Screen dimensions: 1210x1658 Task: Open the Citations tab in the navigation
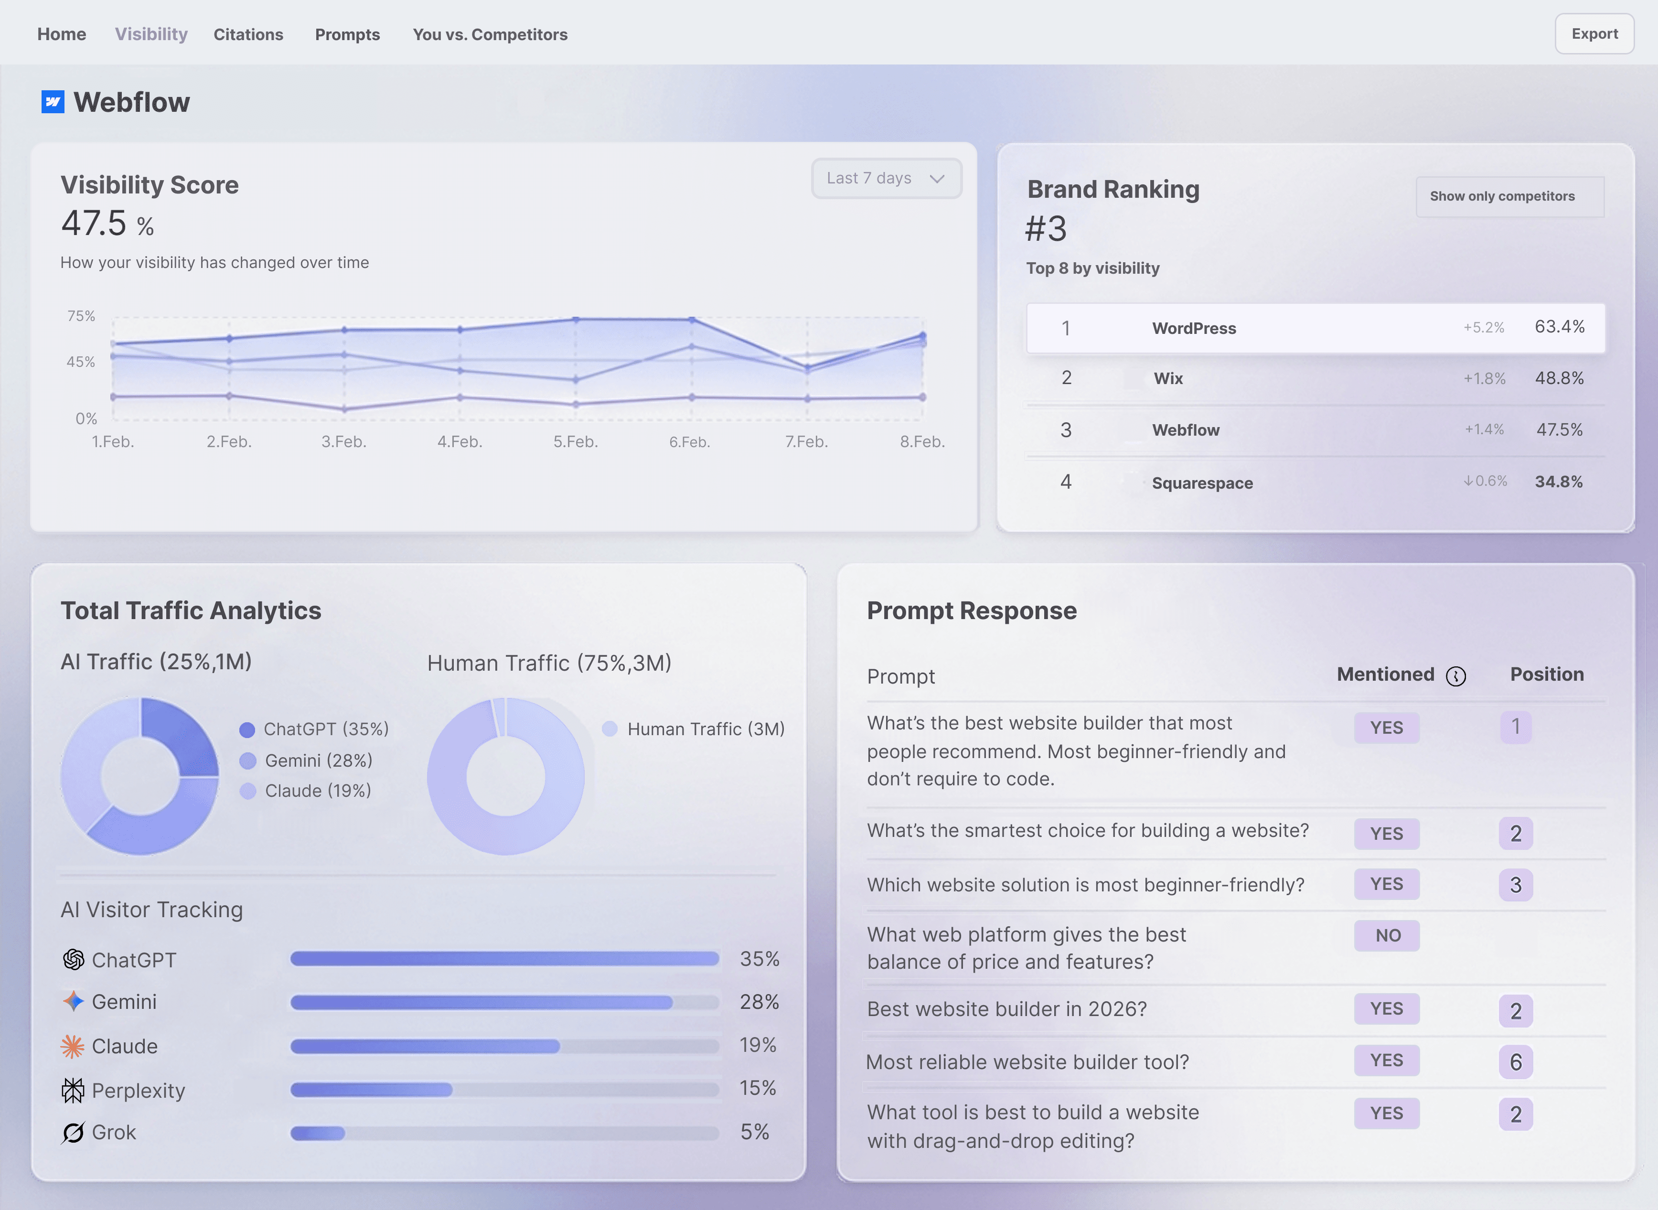(x=248, y=34)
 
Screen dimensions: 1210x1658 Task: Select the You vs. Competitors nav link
(x=490, y=34)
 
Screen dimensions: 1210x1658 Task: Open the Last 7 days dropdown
(x=886, y=178)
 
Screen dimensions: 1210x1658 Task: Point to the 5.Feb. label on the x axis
(x=576, y=442)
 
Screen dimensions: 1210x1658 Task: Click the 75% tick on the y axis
(x=81, y=316)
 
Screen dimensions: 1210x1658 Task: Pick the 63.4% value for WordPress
(x=1559, y=327)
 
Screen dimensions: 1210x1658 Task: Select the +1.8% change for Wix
(x=1485, y=379)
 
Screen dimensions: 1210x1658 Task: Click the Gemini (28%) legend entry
(x=318, y=760)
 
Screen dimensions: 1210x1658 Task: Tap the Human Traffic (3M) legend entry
(x=705, y=729)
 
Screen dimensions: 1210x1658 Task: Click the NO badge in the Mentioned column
(x=1387, y=935)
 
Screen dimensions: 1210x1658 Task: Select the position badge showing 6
(x=1515, y=1062)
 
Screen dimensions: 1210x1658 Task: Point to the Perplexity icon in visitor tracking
(x=73, y=1091)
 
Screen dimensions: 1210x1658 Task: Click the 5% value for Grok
(x=754, y=1132)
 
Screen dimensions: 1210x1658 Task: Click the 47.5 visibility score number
(x=94, y=224)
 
